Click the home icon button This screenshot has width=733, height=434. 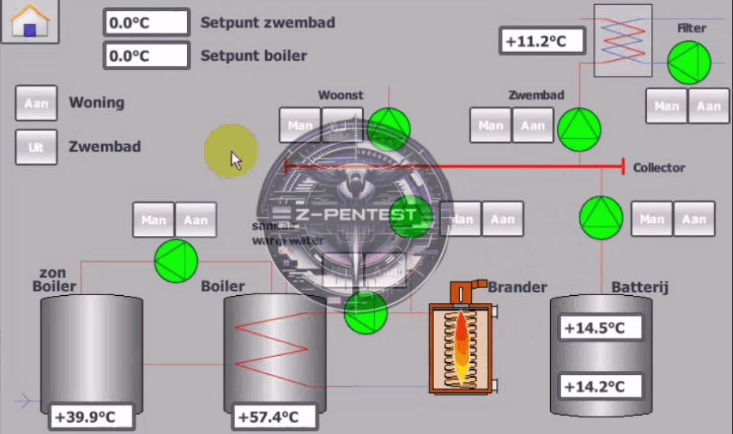[30, 21]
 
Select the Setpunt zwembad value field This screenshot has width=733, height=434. [146, 22]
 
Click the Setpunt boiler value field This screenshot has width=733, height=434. [146, 56]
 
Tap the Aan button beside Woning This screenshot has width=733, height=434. [36, 103]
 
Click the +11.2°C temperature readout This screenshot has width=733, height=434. [542, 41]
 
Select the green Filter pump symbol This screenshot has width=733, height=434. [689, 63]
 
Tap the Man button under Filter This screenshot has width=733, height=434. [667, 106]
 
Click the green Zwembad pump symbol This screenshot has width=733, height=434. [579, 129]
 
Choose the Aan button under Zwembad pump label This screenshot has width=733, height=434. [533, 125]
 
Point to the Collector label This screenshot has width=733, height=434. [659, 167]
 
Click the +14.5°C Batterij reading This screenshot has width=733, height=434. [600, 327]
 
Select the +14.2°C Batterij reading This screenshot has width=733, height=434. [600, 386]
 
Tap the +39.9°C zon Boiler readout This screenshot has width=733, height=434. [92, 417]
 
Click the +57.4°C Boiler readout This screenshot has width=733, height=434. [275, 417]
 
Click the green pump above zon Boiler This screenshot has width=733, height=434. [175, 261]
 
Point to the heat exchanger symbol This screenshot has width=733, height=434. [623, 40]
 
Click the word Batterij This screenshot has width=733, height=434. [640, 287]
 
